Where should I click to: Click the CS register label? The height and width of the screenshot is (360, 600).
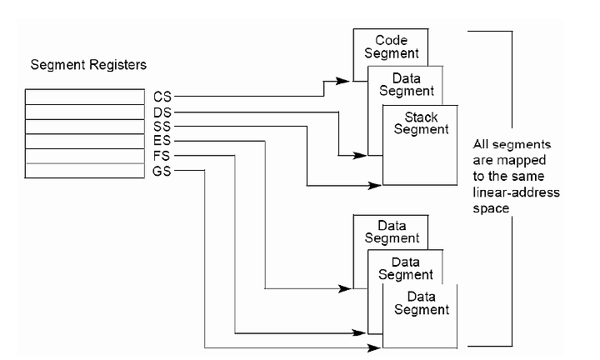[162, 97]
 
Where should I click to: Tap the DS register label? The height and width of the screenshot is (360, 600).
[162, 112]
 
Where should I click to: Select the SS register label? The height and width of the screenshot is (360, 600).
[162, 126]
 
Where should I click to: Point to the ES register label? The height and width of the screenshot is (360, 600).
[162, 140]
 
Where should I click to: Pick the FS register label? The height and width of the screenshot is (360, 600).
[162, 156]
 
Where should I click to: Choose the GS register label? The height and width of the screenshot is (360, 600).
[162, 171]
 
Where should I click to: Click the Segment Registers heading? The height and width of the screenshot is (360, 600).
[88, 65]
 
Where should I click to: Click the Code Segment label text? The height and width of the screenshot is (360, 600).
[392, 47]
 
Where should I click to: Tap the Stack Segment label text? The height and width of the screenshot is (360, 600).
[421, 122]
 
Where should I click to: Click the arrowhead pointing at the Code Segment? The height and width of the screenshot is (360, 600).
[342, 81]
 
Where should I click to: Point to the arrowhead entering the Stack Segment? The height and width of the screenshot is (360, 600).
[375, 186]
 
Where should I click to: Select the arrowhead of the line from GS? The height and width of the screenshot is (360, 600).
[374, 347]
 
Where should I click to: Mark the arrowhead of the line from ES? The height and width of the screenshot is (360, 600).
[345, 288]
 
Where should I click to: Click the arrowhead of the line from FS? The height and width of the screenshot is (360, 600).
[359, 332]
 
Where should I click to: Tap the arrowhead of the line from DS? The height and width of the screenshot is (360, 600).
[360, 155]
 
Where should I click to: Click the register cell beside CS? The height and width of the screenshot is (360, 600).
[85, 97]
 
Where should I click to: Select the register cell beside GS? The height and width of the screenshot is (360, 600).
[85, 171]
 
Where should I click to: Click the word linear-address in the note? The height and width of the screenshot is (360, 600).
[516, 192]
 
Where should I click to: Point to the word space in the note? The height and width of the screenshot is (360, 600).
[491, 209]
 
